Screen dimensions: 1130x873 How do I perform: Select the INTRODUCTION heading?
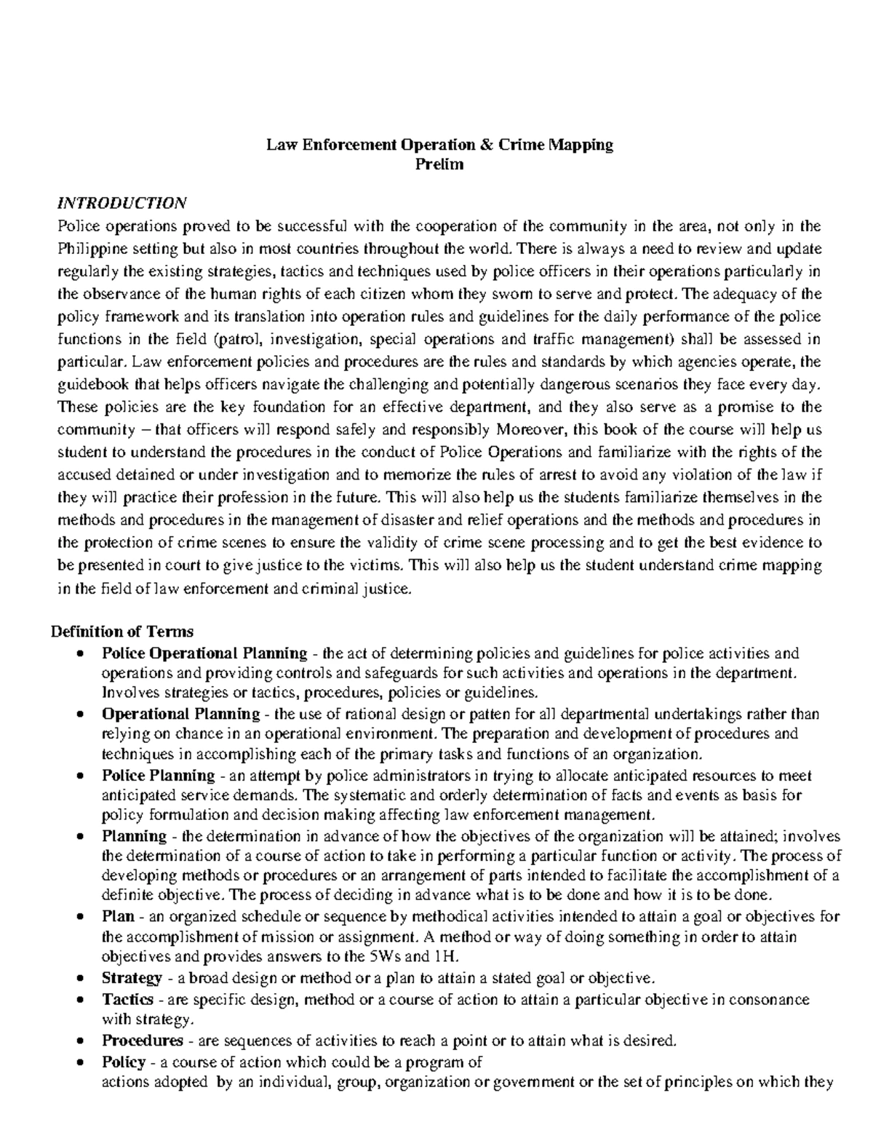(x=122, y=202)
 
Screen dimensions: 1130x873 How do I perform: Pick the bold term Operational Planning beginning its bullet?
(x=180, y=714)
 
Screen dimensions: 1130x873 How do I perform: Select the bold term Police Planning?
(x=158, y=775)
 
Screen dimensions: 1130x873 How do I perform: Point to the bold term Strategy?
(x=132, y=976)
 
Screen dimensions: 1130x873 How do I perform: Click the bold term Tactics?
(x=127, y=999)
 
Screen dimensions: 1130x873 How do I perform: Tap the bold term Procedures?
(x=142, y=1040)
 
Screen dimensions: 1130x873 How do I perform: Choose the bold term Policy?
(x=124, y=1062)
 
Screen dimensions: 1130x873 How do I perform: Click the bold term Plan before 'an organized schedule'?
(x=118, y=916)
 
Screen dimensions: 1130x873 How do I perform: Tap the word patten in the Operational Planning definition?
(x=447, y=714)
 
